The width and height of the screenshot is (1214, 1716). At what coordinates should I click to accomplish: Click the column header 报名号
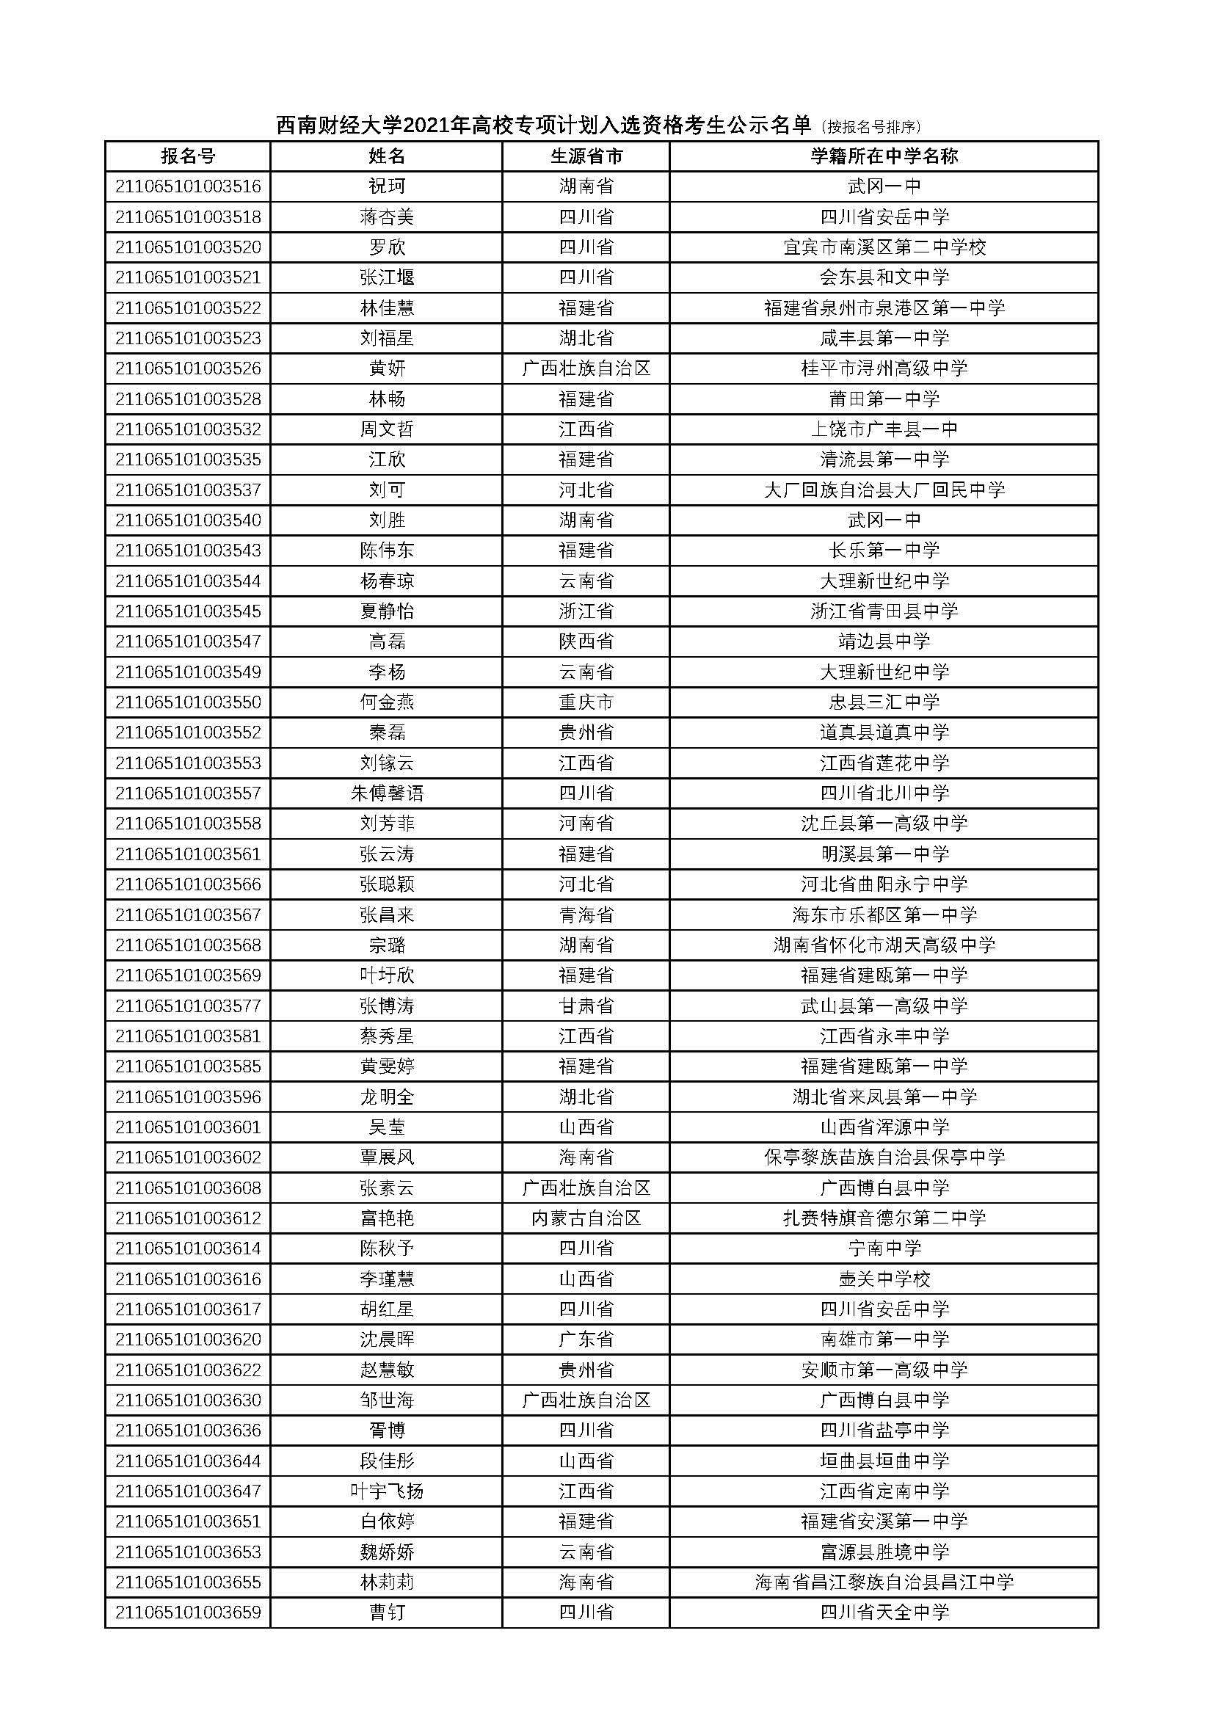pyautogui.click(x=188, y=156)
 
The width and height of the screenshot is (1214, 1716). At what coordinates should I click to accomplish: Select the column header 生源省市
pyautogui.click(x=586, y=156)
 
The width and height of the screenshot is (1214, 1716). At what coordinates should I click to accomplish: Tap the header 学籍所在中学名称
pyautogui.click(x=884, y=156)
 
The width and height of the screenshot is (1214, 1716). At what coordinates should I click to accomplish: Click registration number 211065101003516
pyautogui.click(x=188, y=186)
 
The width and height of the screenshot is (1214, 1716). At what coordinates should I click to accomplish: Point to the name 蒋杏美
pyautogui.click(x=387, y=217)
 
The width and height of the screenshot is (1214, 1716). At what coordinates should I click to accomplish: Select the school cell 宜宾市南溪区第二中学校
pyautogui.click(x=884, y=247)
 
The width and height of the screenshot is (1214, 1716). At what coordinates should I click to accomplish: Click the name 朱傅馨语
pyautogui.click(x=387, y=793)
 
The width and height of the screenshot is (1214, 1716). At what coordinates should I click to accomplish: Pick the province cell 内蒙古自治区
pyautogui.click(x=586, y=1218)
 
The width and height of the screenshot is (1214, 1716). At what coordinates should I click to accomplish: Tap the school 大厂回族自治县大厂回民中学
pyautogui.click(x=884, y=490)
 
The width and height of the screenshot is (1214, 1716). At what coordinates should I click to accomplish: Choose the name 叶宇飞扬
pyautogui.click(x=387, y=1491)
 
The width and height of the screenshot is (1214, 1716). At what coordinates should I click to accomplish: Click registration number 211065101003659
pyautogui.click(x=188, y=1612)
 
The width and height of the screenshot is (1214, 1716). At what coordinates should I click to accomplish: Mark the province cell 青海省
pyautogui.click(x=586, y=915)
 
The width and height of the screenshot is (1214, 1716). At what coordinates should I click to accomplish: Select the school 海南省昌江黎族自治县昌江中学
pyautogui.click(x=884, y=1582)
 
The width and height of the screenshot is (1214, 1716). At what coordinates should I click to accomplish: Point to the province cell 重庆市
pyautogui.click(x=586, y=702)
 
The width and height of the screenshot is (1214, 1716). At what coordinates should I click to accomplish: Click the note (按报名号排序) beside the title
pyautogui.click(x=870, y=127)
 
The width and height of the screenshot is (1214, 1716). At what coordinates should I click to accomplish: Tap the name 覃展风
pyautogui.click(x=387, y=1157)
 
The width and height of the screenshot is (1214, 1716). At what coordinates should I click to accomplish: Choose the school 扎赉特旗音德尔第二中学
pyautogui.click(x=884, y=1218)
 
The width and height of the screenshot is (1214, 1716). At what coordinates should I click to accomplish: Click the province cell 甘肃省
pyautogui.click(x=586, y=1006)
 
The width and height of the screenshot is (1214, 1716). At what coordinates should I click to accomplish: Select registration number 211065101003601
pyautogui.click(x=188, y=1127)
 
